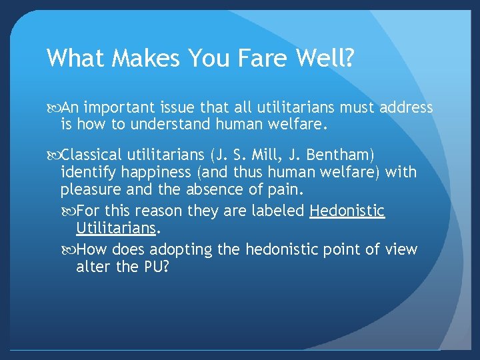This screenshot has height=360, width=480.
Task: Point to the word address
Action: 406,107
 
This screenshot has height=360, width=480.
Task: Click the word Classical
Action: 100,155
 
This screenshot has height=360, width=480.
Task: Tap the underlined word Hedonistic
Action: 347,211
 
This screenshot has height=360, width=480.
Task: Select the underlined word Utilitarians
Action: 116,228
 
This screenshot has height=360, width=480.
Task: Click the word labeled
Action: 275,211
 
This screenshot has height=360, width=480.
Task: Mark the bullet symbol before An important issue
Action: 54,108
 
